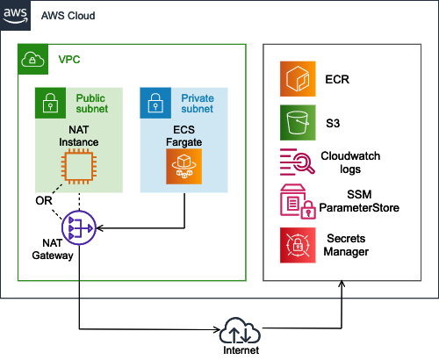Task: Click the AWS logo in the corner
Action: (x=15, y=15)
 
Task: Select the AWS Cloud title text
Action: (x=68, y=16)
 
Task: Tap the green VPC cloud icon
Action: (x=32, y=59)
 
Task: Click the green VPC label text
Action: (x=69, y=60)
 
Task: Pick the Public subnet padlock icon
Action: (x=50, y=103)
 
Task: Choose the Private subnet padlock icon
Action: (x=155, y=103)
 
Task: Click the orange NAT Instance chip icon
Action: (x=79, y=166)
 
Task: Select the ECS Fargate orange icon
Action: (x=184, y=167)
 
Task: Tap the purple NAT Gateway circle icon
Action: (x=79, y=227)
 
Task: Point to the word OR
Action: (x=44, y=201)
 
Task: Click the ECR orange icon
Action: (x=298, y=79)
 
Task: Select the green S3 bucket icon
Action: (x=298, y=123)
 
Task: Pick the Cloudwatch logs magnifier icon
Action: (x=298, y=162)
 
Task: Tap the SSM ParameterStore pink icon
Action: (x=298, y=202)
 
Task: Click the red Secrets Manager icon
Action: (x=298, y=245)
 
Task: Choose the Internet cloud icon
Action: (x=240, y=330)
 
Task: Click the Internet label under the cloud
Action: (x=241, y=350)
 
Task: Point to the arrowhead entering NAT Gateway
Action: (x=99, y=227)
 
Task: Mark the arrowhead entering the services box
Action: (x=342, y=284)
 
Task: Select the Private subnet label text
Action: (x=198, y=104)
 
